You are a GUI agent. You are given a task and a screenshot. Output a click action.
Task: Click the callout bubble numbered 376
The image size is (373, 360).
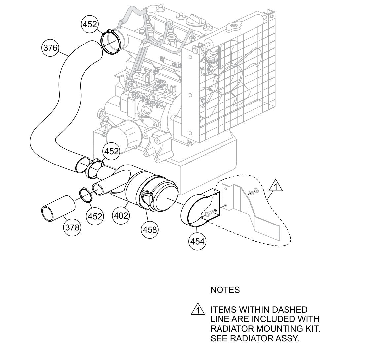coord(50,48)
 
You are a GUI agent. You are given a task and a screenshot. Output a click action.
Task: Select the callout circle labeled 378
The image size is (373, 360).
coord(72,227)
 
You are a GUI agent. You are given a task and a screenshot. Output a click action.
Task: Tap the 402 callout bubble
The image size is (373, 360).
coord(121,216)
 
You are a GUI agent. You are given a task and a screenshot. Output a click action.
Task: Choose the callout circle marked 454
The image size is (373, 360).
coord(197,241)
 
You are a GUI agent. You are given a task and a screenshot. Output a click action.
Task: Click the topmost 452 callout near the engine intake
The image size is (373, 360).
coord(89,24)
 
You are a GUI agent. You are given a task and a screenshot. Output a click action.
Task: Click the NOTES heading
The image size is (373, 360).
coord(225,290)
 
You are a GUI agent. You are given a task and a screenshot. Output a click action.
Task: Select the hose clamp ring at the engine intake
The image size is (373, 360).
coord(110,41)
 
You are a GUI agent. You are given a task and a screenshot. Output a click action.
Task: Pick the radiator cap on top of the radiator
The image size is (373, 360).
coord(236,26)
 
